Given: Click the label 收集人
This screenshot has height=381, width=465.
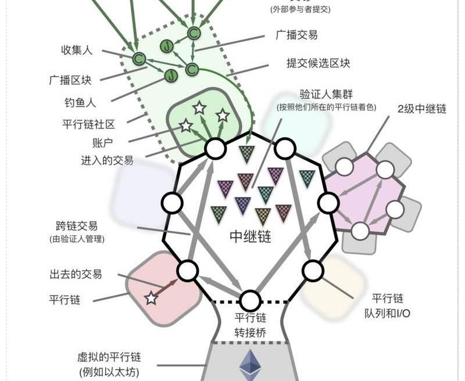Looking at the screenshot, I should [77, 51].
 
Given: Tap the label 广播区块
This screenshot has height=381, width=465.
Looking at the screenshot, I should [70, 80].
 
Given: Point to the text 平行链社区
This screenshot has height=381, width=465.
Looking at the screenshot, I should [88, 124].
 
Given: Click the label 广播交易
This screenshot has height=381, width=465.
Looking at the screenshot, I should [296, 35].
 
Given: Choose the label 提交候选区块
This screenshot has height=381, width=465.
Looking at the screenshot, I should [318, 63].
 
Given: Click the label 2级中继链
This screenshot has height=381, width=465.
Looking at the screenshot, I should [422, 109].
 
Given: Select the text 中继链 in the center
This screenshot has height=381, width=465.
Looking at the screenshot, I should [251, 237].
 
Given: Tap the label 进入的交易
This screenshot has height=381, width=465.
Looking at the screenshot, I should [107, 160].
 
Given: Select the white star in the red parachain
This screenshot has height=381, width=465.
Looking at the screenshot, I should [151, 299].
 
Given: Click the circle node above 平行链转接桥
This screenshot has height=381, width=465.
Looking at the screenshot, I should [251, 301].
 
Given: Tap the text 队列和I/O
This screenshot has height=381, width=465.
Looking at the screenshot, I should [388, 313].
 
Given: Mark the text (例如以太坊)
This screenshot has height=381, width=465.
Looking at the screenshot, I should [109, 372].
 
